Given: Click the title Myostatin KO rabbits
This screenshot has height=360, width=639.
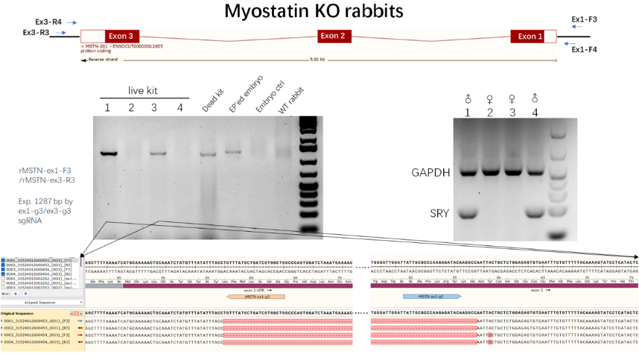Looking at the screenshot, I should pyautogui.click(x=314, y=12).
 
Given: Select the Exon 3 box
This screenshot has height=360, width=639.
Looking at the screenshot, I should pyautogui.click(x=121, y=36).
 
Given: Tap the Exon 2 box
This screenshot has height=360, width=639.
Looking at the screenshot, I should pyautogui.click(x=333, y=36).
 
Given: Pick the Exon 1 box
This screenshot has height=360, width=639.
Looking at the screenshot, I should pyautogui.click(x=530, y=36).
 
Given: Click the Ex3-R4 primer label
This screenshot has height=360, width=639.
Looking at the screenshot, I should pyautogui.click(x=49, y=21).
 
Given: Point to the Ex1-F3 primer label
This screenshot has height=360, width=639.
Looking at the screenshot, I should pyautogui.click(x=584, y=20).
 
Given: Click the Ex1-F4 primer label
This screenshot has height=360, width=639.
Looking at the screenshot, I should pyautogui.click(x=584, y=49).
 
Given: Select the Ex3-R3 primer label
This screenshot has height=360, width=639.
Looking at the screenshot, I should pyautogui.click(x=36, y=33).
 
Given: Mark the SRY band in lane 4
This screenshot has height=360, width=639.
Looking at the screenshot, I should pyautogui.click(x=534, y=213).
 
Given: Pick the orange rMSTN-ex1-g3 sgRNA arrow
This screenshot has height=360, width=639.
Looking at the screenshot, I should pyautogui.click(x=256, y=296).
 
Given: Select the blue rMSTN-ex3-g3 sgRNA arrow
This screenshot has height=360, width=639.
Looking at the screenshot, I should pyautogui.click(x=432, y=296).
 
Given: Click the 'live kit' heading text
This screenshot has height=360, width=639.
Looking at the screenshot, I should pyautogui.click(x=142, y=90).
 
